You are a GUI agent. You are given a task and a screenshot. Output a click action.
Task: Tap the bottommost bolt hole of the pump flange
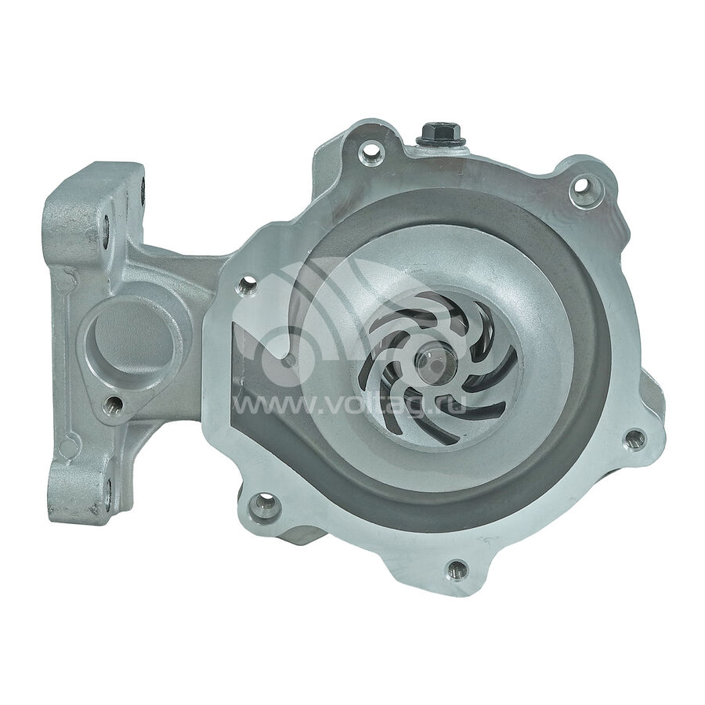(457, 569)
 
